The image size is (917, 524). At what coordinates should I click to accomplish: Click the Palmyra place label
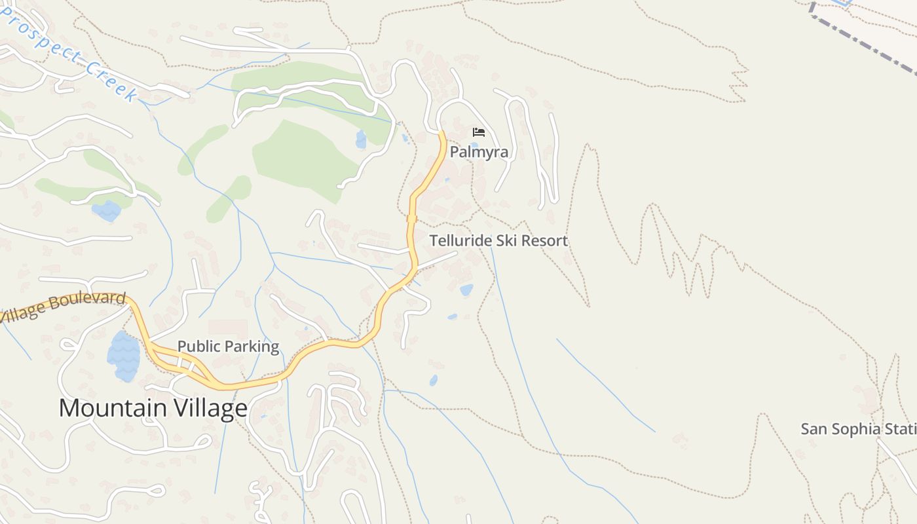(479, 152)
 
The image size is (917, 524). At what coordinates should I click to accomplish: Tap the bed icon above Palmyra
(479, 132)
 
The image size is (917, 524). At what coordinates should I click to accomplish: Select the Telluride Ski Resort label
(498, 240)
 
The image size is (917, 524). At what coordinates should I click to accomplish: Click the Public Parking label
(228, 346)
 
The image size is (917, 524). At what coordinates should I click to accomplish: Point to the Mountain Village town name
(153, 408)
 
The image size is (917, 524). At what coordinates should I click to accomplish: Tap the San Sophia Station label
(858, 429)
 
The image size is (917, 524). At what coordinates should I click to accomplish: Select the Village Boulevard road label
(62, 307)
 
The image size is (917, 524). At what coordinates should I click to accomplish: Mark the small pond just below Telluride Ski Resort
(466, 290)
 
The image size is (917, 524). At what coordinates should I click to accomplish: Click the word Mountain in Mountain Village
(113, 408)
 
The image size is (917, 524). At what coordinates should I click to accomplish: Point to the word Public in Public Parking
(198, 346)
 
